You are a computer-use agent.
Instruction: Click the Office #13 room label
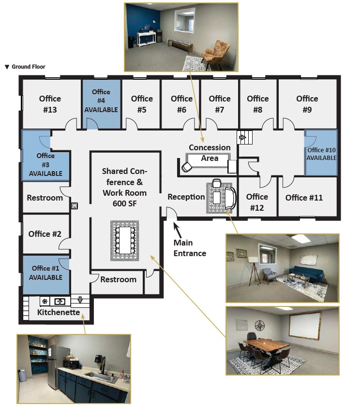pos(50,104)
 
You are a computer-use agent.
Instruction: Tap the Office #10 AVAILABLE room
pos(321,154)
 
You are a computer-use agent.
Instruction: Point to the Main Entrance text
pos(190,248)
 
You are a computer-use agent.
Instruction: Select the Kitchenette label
pos(58,313)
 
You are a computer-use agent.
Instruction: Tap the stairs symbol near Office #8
pos(242,138)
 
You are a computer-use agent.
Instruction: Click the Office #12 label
pos(257,202)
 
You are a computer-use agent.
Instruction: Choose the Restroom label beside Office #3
pos(45,198)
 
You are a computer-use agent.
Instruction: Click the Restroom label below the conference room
pos(119,279)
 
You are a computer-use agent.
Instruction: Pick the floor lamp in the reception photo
pos(253,269)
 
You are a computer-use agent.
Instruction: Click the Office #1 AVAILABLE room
pos(47,273)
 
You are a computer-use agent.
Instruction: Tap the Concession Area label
pos(210,152)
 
